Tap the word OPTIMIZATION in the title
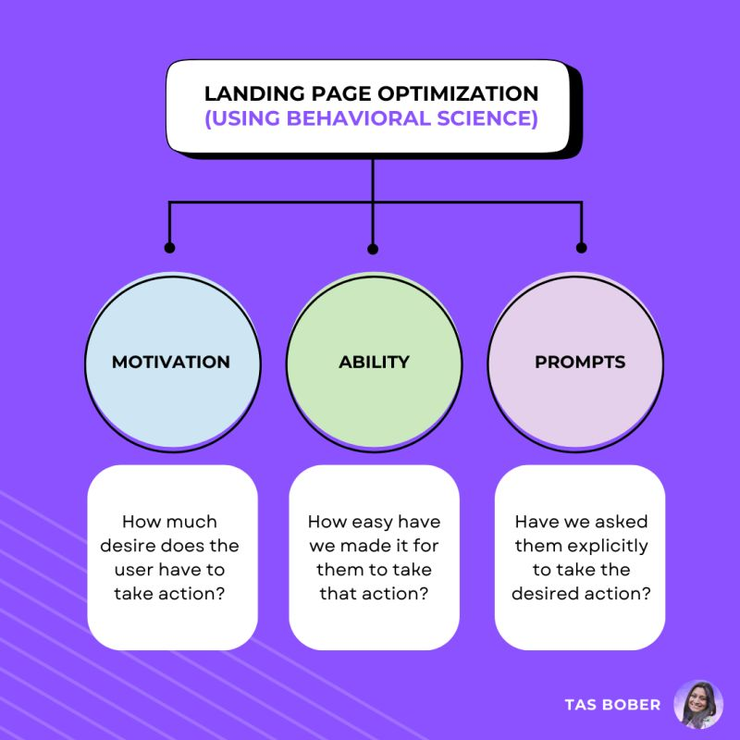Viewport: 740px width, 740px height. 458,93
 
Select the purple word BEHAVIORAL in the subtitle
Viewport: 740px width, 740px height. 359,118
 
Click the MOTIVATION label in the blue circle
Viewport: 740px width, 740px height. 171,362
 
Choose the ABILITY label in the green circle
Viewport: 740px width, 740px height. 374,362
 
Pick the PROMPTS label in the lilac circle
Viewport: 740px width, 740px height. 580,362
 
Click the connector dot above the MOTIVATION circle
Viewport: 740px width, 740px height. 169,248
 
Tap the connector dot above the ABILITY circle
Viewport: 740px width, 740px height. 373,249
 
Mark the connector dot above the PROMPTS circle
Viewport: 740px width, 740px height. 582,248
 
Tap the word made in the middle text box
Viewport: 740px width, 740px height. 361,546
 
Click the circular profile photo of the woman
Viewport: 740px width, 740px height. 698,705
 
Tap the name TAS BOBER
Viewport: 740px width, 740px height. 612,705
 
